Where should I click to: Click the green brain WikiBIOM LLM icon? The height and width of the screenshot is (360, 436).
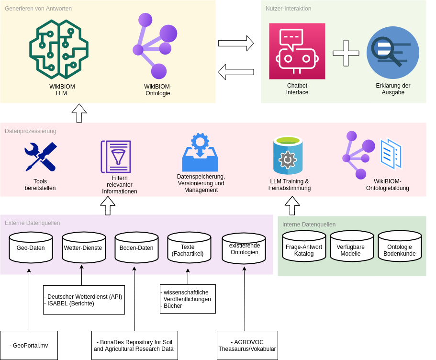tap(59, 49)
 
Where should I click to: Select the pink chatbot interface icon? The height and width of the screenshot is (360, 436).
tap(297, 51)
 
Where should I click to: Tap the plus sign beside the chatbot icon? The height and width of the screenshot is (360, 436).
tap(346, 53)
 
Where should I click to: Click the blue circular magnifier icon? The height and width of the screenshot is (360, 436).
tap(392, 53)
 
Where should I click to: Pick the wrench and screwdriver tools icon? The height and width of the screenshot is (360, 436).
tap(41, 157)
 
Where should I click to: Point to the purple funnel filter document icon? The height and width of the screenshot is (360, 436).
tap(116, 157)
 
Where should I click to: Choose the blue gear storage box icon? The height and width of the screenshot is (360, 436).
tap(200, 153)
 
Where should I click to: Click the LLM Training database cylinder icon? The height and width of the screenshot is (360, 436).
tap(288, 156)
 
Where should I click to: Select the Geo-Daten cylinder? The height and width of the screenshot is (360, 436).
tap(31, 247)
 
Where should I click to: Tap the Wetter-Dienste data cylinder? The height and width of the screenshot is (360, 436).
tap(83, 247)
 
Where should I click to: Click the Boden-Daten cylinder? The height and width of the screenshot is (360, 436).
tap(136, 247)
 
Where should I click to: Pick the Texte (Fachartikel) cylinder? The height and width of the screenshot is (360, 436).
tap(189, 247)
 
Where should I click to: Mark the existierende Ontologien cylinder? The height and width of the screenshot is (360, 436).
tap(244, 248)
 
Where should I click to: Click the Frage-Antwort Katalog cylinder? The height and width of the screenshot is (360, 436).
tap(304, 246)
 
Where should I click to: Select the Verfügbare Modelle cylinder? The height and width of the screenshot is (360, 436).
tap(351, 246)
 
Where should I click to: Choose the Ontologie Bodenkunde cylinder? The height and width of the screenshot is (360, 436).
tap(400, 246)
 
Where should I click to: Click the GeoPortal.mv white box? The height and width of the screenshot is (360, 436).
tap(29, 345)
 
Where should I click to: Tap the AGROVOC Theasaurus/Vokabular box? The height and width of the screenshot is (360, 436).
tap(247, 345)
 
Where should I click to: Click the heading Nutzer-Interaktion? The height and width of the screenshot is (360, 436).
tap(288, 9)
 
